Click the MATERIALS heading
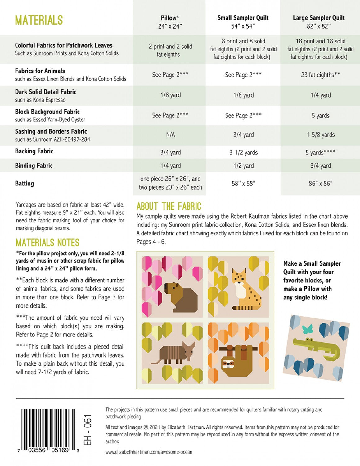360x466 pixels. pos(39,21)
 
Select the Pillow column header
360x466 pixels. pos(170,22)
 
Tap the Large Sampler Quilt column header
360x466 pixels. pos(319,22)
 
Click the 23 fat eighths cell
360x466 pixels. pos(320,75)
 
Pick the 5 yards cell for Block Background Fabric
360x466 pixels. pos(321,116)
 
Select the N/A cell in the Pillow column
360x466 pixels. pos(170,135)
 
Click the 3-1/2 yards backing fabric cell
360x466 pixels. pos(243,153)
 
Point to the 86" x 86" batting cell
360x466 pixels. pos(320,184)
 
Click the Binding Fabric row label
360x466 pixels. pos(34,166)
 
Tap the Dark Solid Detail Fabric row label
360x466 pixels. pos(46,92)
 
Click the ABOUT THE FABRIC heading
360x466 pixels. pos(169,206)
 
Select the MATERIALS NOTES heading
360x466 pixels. pos(47,243)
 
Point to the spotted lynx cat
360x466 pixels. pos(245,290)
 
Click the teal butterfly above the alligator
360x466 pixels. pos(307,329)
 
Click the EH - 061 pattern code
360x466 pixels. pos(88,430)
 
